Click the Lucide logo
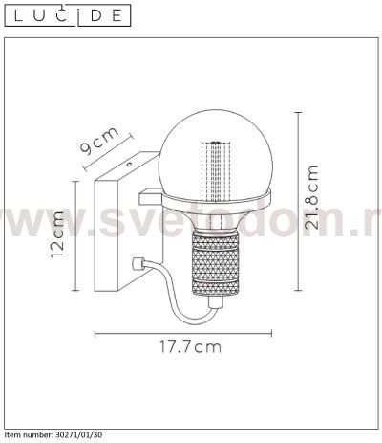point(68,15)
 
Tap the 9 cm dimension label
point(99,140)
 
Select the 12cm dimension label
point(57,234)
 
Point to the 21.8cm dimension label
point(311,197)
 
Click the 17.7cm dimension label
point(190,346)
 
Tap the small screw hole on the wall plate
point(129,165)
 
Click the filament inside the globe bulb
point(216,171)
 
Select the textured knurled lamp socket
point(216,263)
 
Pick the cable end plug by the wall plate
point(138,264)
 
